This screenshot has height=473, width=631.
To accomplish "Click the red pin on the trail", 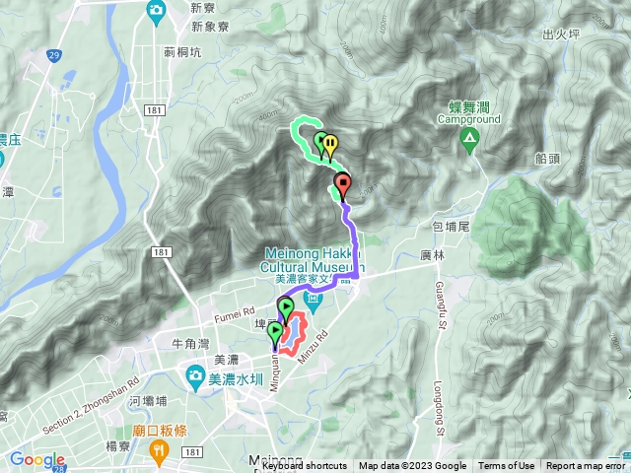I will (342, 182).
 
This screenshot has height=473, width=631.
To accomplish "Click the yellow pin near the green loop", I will (329, 144).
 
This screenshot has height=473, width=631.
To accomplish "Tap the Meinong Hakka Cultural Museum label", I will (315, 259).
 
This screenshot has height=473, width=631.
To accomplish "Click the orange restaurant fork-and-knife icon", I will (158, 449).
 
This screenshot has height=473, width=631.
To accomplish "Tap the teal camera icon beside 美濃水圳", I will (195, 375).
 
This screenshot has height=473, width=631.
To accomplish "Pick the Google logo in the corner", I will (38, 460).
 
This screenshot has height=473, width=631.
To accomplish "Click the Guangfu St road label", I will (438, 307).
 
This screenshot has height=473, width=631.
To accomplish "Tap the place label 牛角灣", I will (189, 344).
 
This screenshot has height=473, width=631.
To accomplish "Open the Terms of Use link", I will (507, 466).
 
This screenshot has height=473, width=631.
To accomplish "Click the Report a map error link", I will (588, 466).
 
